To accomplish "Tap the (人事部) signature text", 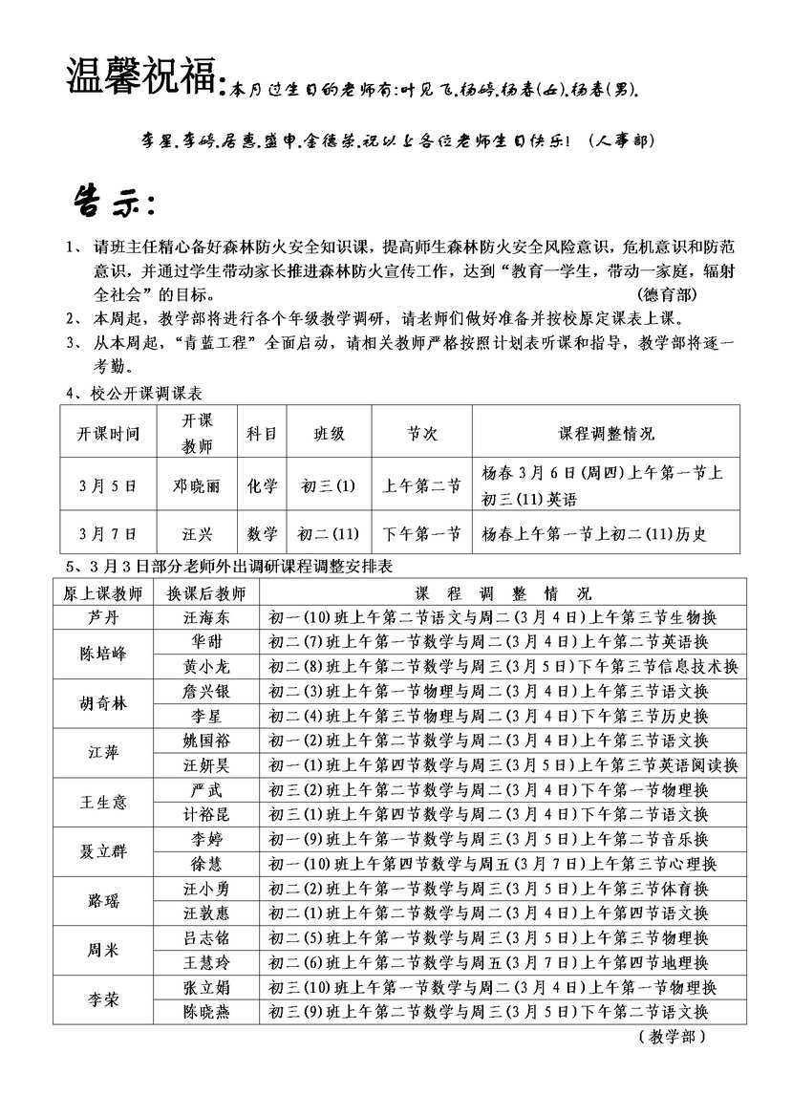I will coord(621,141).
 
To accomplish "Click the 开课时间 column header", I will coord(109,434).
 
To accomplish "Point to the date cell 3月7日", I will coord(109,532).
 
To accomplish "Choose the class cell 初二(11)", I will coord(328,532).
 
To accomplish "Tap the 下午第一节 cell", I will coord(421,532).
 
